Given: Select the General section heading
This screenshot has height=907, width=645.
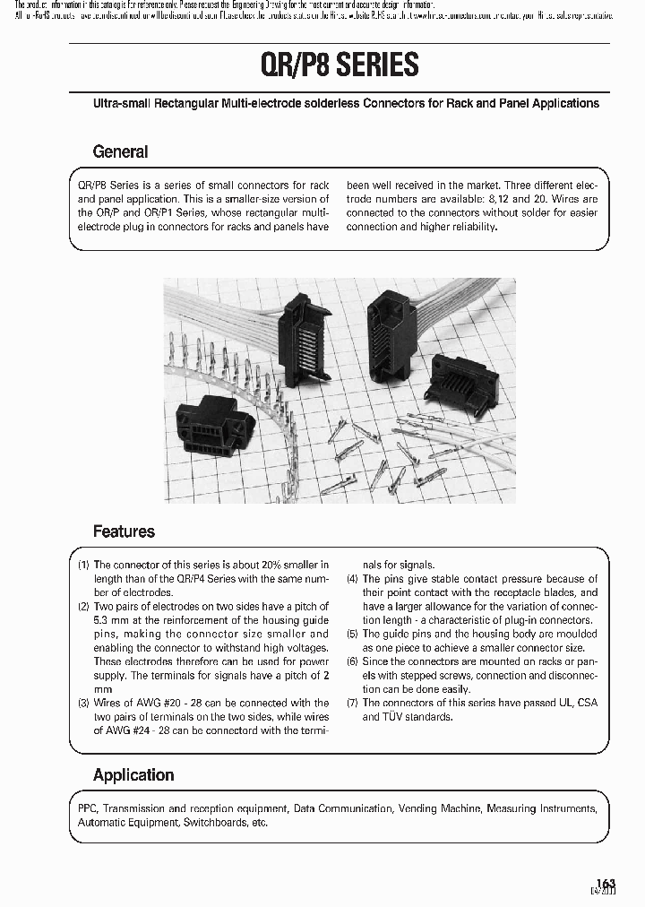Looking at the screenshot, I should pos(120,151).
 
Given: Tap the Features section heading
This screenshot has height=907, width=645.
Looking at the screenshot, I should pos(124,531).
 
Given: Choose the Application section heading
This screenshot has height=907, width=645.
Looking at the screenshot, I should pos(133,775).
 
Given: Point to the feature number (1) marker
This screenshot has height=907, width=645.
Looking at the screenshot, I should pos(83,566).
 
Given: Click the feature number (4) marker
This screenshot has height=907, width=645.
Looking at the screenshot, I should pos(353,579).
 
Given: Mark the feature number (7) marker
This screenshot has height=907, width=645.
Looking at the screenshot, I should pos(353,703).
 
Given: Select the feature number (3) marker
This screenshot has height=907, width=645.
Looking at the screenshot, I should pos(83,704).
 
